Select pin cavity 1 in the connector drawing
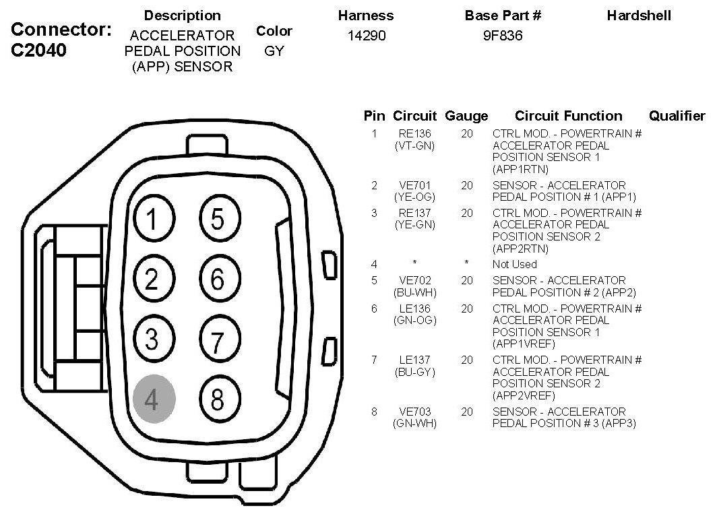154,220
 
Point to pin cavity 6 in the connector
218,278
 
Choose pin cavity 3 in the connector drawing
154,339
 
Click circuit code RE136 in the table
414,133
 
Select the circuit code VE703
414,412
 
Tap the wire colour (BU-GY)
414,372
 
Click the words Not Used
514,264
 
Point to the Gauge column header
466,116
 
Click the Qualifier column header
677,116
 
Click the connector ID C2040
39,51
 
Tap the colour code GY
274,51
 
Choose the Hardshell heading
639,15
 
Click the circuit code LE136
414,309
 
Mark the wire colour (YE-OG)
414,197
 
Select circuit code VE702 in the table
414,280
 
